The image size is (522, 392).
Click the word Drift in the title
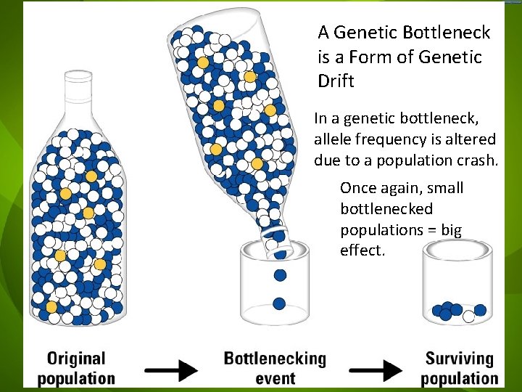[336, 81]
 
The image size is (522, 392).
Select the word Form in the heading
[384, 57]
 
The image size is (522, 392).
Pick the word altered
[469, 139]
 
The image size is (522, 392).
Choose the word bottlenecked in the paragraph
[386, 209]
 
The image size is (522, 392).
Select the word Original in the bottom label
[77, 359]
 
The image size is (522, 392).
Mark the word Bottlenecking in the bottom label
[275, 359]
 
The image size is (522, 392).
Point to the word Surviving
[460, 359]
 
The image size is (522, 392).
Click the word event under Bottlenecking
[275, 377]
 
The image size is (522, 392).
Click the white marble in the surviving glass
[469, 317]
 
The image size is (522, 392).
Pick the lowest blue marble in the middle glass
[280, 303]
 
